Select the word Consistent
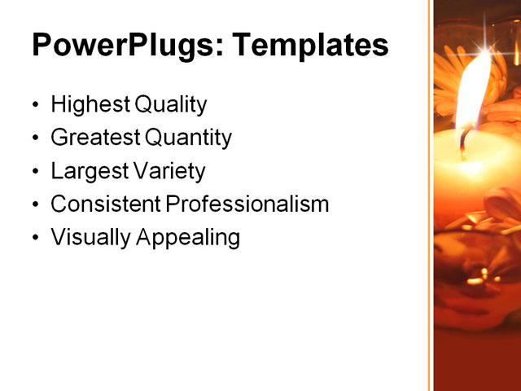(x=105, y=204)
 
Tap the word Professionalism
(x=247, y=204)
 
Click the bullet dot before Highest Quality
(x=35, y=106)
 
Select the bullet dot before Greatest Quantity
(x=35, y=139)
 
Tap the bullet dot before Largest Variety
(x=35, y=172)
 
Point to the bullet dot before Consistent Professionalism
(x=35, y=205)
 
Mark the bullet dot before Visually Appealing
(x=35, y=239)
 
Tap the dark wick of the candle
(x=463, y=143)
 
